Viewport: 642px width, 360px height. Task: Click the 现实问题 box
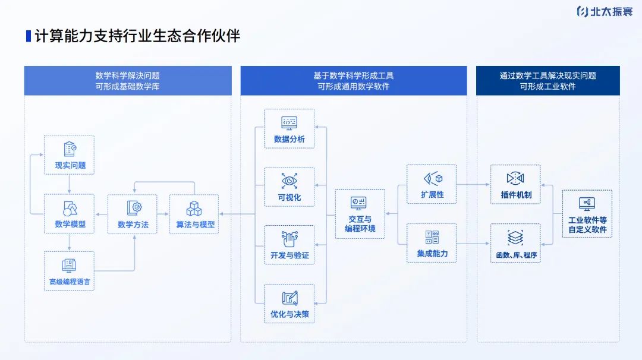click(70, 154)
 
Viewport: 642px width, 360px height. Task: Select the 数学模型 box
click(70, 213)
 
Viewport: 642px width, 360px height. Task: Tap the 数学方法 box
click(132, 214)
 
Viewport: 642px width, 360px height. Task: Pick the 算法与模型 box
click(194, 214)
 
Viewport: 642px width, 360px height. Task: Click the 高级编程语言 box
click(70, 271)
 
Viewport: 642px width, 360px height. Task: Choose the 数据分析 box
click(289, 128)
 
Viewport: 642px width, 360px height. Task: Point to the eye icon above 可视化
click(289, 180)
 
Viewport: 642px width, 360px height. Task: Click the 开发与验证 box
click(289, 245)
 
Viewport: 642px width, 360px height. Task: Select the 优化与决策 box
click(289, 303)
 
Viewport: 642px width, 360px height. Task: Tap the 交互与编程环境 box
click(360, 214)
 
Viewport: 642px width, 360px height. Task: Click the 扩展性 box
click(432, 184)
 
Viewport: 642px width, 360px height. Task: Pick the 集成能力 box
click(432, 243)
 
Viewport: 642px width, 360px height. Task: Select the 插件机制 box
click(515, 184)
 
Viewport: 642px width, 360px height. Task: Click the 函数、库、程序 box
click(515, 243)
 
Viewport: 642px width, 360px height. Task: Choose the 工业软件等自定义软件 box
click(587, 214)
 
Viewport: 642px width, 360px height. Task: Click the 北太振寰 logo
click(605, 11)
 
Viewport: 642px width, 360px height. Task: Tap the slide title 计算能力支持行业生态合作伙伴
click(137, 36)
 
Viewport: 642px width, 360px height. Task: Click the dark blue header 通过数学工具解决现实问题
click(547, 81)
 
